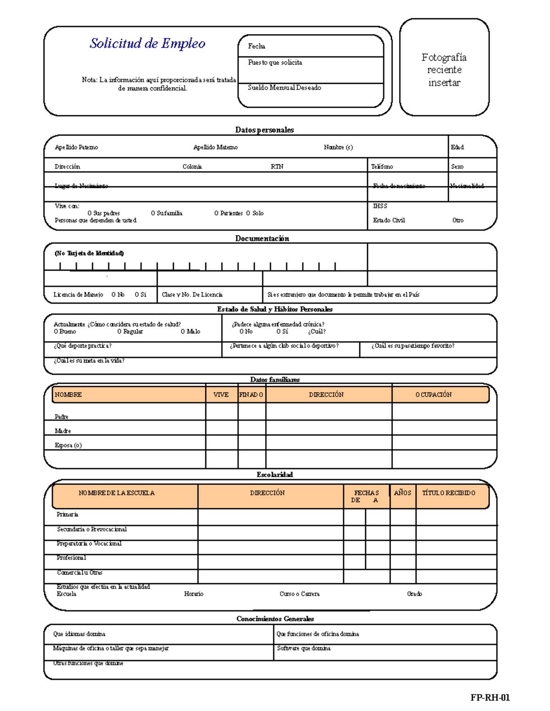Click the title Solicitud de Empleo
click(147, 43)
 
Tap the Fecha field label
click(256, 46)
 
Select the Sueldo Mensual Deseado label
click(284, 87)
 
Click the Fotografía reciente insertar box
click(444, 70)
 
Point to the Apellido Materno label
click(215, 147)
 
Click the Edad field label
click(457, 147)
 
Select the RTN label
click(277, 167)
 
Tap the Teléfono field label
click(382, 167)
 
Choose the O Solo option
click(255, 213)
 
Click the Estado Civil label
click(389, 220)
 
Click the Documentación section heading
click(262, 239)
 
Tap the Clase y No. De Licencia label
click(192, 295)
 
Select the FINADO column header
click(251, 395)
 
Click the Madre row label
click(63, 431)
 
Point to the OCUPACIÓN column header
click(433, 395)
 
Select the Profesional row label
click(71, 558)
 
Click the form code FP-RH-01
click(489, 698)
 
